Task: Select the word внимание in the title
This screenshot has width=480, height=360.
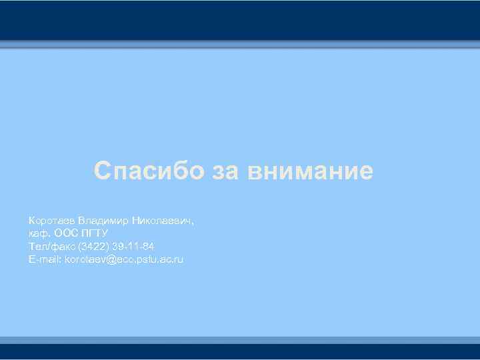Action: [x=311, y=171]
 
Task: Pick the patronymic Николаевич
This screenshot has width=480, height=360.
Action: [x=160, y=219]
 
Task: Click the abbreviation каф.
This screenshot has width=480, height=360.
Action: [x=38, y=233]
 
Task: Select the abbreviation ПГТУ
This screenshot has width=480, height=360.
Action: [x=95, y=233]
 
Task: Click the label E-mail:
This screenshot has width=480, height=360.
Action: [x=44, y=259]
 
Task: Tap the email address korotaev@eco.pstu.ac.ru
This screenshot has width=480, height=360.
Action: [x=123, y=259]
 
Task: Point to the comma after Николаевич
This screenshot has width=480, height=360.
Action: [x=193, y=222]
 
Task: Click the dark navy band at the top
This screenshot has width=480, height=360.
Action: [x=240, y=20]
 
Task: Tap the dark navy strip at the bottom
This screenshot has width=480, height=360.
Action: [x=240, y=351]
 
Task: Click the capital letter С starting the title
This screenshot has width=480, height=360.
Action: [x=101, y=171]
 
